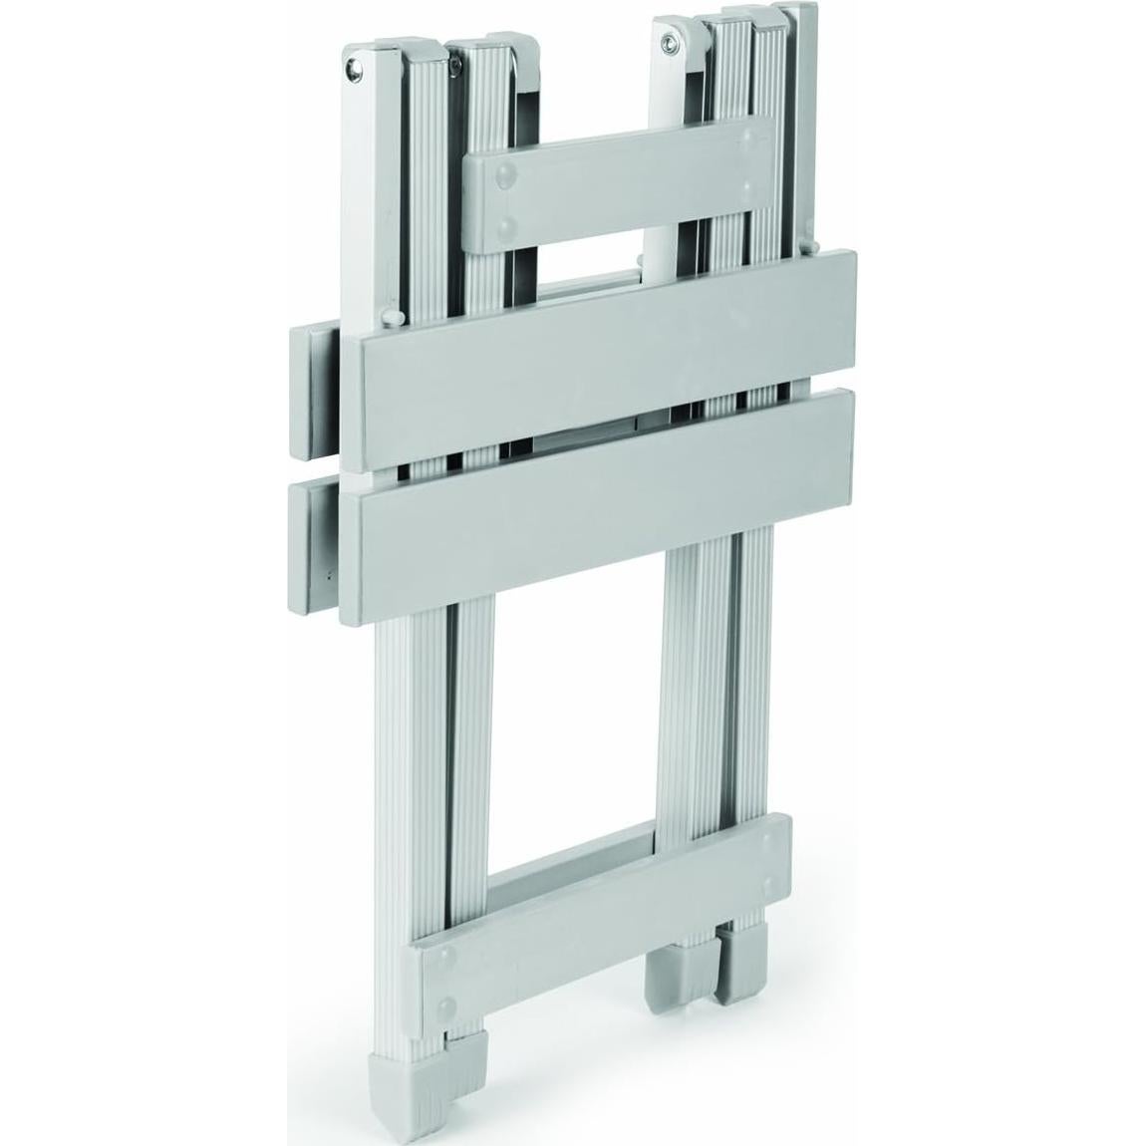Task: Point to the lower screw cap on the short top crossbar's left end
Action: tap(509, 226)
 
